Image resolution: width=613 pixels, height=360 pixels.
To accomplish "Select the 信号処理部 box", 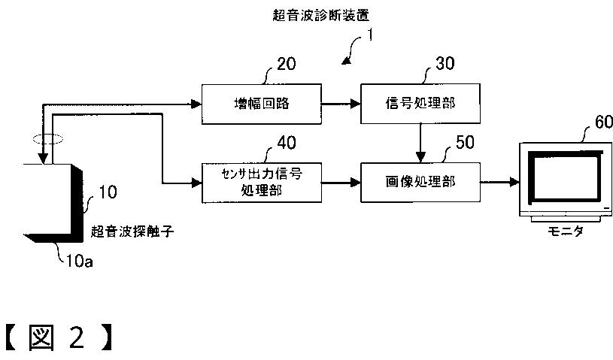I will click(x=419, y=104).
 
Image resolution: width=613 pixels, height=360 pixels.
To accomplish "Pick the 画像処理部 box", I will click(x=419, y=181).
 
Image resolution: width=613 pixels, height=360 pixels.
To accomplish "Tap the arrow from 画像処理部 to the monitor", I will click(x=498, y=181).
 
